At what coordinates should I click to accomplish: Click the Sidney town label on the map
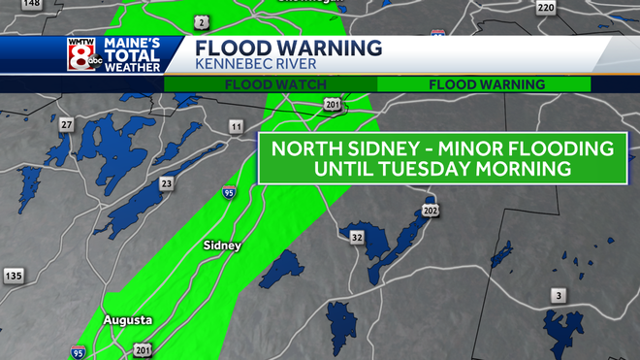(x=222, y=246)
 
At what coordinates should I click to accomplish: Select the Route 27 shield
(x=67, y=124)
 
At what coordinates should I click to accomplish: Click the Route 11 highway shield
(x=236, y=127)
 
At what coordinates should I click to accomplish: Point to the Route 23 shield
(x=168, y=183)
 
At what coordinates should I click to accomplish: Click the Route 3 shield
(x=558, y=295)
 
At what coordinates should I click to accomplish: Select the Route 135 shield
(x=13, y=276)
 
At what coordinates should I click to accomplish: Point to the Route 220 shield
(x=546, y=8)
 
